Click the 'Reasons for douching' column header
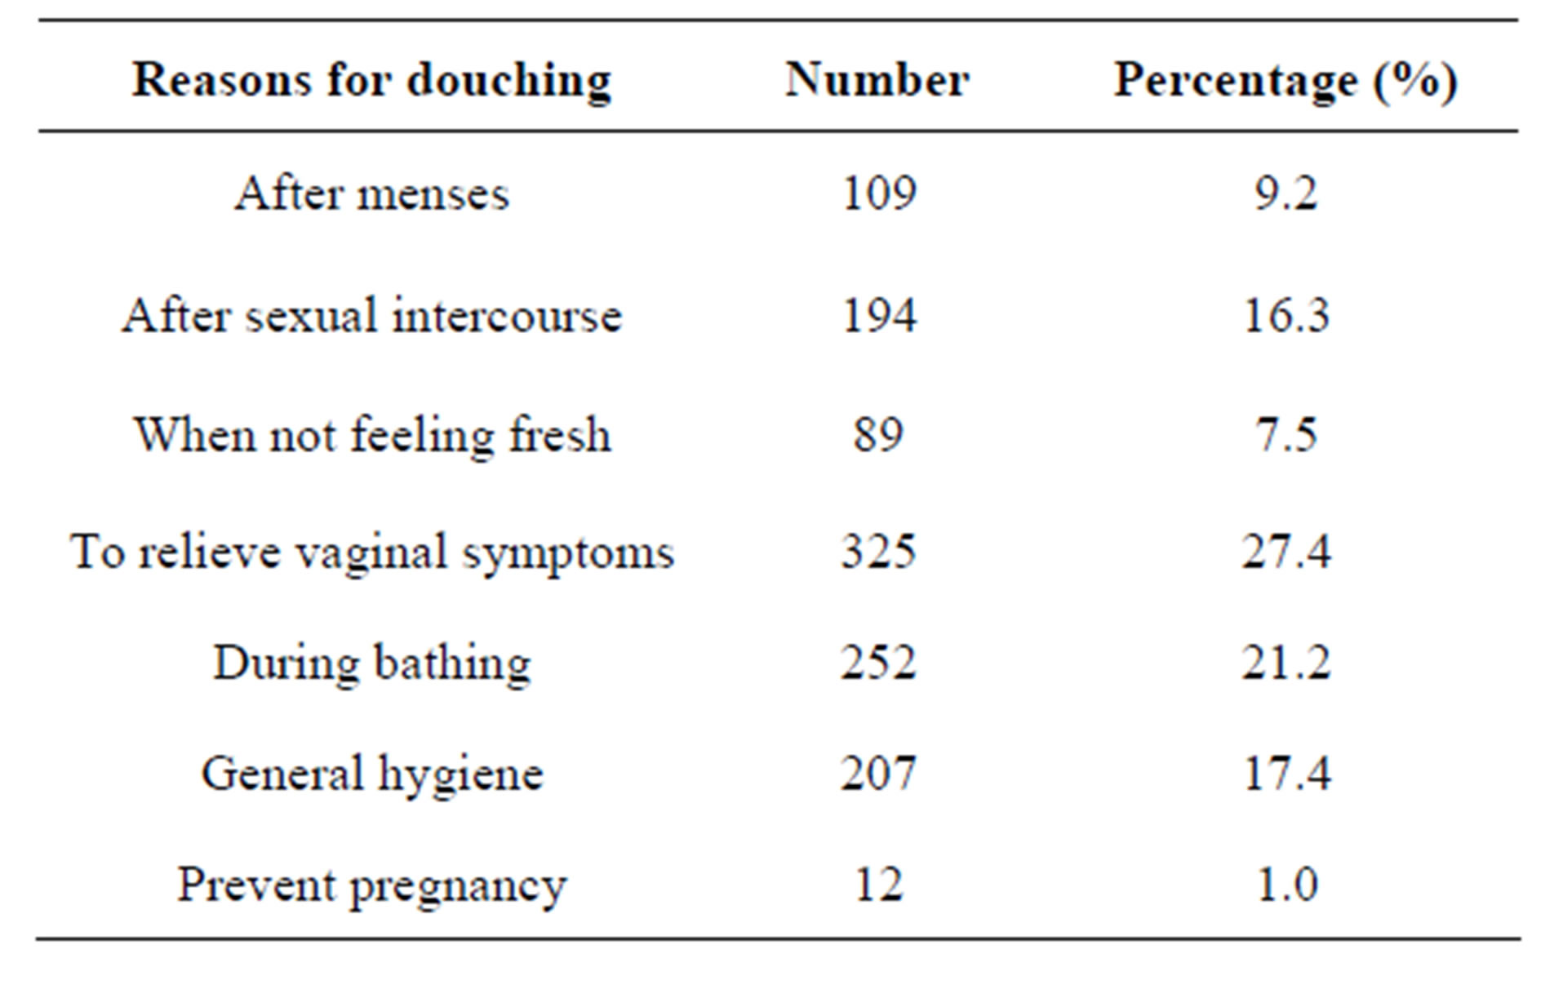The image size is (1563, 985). (x=371, y=82)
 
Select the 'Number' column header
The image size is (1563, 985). (x=877, y=80)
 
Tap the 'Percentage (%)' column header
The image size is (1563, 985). (x=1285, y=82)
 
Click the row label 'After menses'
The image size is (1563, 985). (x=372, y=194)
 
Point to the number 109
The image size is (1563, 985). (x=878, y=194)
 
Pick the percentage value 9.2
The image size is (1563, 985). (x=1285, y=194)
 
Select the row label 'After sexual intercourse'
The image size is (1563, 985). (x=372, y=315)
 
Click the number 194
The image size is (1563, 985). (x=878, y=315)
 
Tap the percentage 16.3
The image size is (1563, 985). (x=1285, y=315)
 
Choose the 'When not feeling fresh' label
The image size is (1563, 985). (x=372, y=434)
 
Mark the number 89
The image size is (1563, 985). (x=878, y=434)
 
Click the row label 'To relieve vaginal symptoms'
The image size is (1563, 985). (x=372, y=552)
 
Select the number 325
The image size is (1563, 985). (x=878, y=552)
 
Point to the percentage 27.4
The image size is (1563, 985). (x=1285, y=552)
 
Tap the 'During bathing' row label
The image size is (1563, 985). (x=372, y=663)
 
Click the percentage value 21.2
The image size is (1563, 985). (x=1285, y=663)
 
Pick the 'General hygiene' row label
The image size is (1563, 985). (x=372, y=774)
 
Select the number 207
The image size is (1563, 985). (x=878, y=773)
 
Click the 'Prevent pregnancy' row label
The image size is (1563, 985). (x=372, y=885)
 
